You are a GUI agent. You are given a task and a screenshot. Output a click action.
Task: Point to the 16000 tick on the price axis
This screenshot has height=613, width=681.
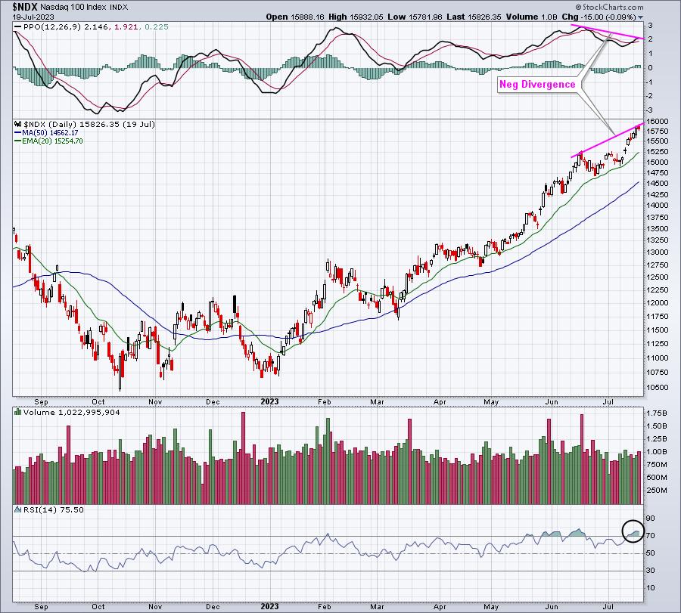[x=657, y=122]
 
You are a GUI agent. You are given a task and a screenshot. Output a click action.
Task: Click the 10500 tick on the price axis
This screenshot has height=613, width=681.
[x=657, y=388]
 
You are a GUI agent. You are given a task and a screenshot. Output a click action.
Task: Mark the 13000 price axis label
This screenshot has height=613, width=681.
[x=657, y=252]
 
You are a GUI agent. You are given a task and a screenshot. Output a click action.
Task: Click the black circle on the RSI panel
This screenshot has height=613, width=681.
[x=633, y=531]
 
